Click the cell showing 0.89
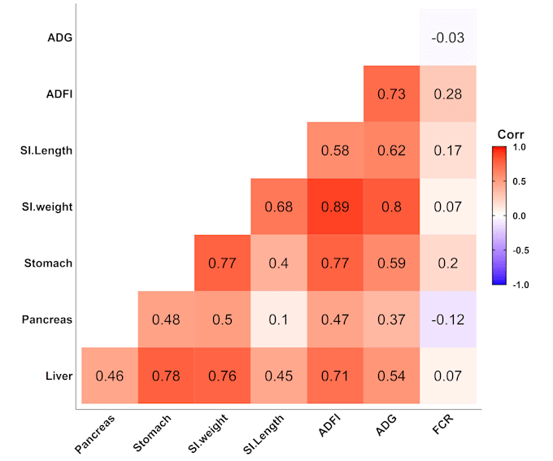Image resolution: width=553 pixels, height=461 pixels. (335, 207)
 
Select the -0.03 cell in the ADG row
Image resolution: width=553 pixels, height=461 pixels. (448, 37)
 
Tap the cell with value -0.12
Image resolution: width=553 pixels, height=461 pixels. (448, 320)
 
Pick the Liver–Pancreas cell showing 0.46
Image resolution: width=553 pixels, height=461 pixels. (110, 376)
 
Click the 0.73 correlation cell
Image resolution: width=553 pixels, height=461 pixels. (392, 94)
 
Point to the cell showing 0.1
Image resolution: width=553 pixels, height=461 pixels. (279, 320)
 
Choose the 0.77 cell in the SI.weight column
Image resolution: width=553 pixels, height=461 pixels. (223, 263)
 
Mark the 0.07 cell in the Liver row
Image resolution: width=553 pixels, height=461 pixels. (448, 376)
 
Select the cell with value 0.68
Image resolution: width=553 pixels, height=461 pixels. (279, 207)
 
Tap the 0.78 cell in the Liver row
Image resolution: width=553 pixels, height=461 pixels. (166, 376)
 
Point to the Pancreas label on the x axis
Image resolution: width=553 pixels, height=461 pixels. (96, 433)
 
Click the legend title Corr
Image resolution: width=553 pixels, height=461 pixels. (511, 134)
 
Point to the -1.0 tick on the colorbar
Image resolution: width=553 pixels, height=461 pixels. (520, 284)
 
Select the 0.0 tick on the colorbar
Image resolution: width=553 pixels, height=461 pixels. (520, 215)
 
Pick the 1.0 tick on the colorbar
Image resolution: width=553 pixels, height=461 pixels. (520, 147)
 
